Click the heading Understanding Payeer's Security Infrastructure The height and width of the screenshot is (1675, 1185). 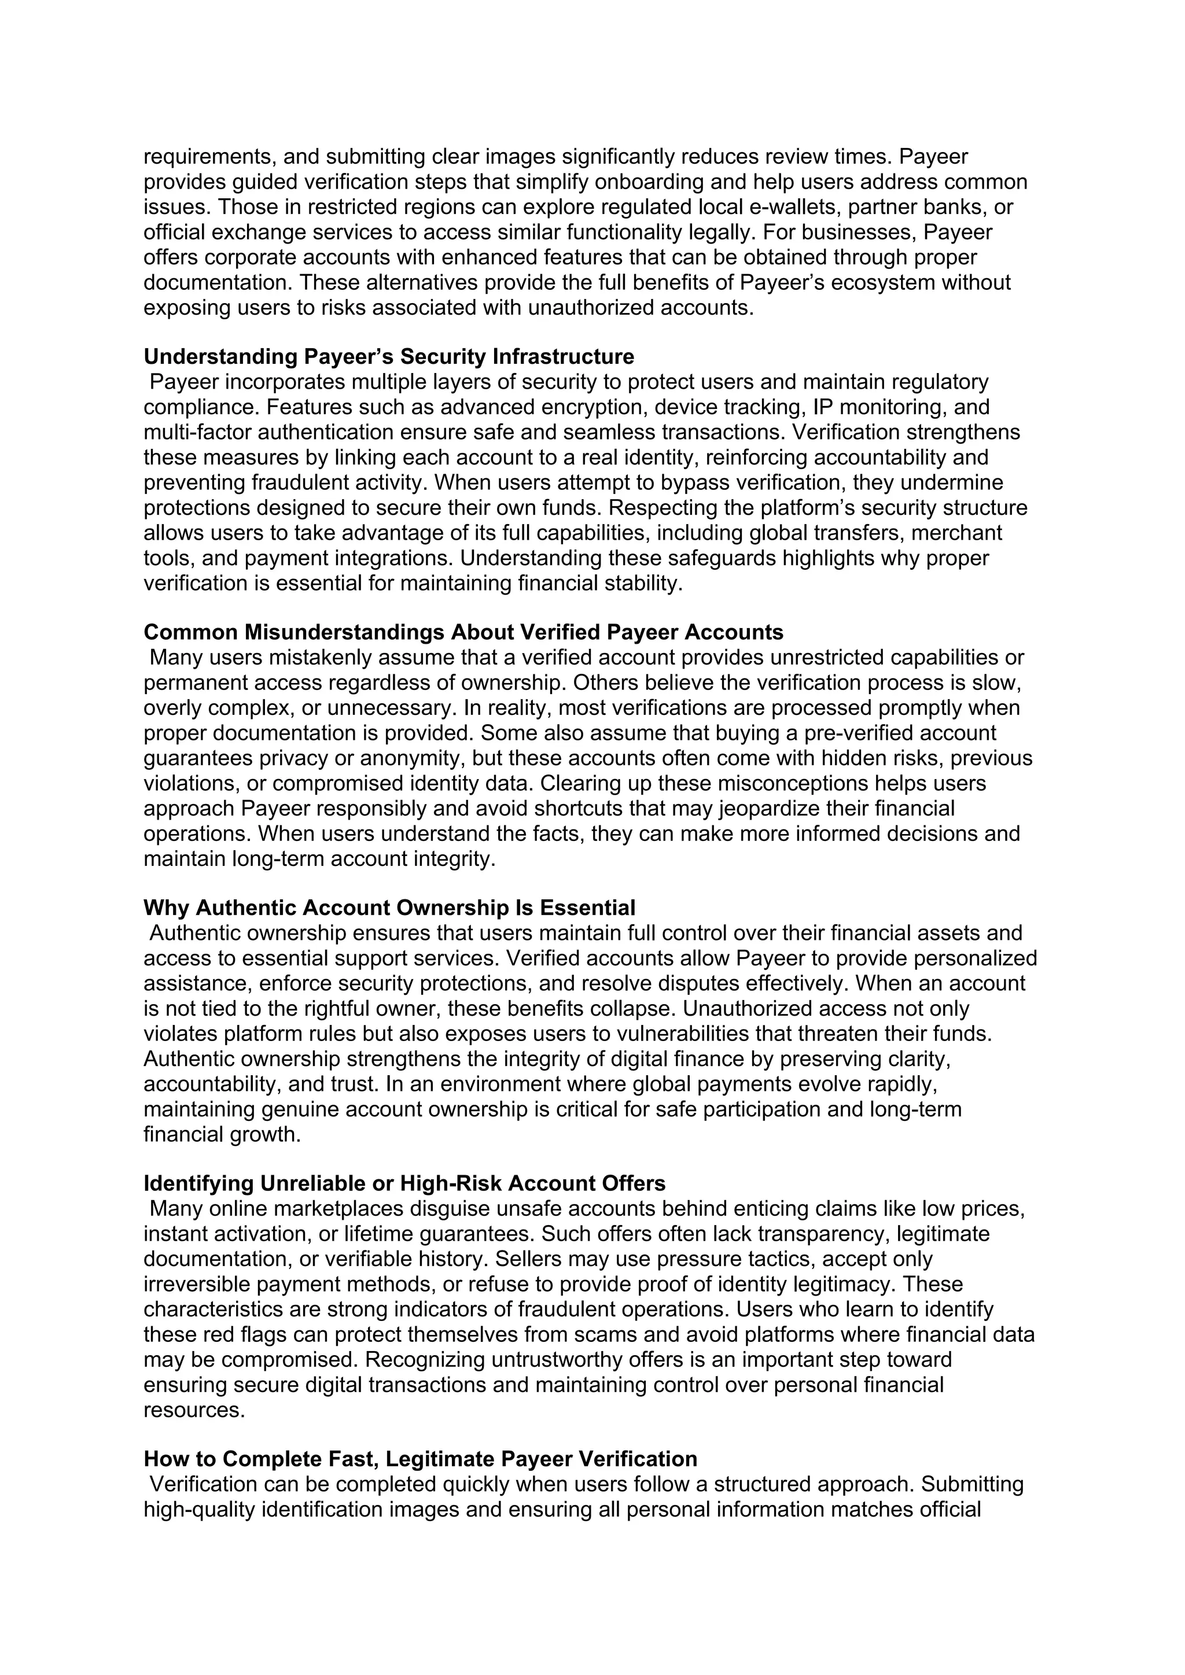[x=388, y=357]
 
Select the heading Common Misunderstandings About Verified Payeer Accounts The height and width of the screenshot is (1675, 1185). [x=463, y=632]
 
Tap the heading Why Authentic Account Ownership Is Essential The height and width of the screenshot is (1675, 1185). [x=389, y=907]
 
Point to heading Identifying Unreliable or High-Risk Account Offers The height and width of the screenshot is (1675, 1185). [x=404, y=1183]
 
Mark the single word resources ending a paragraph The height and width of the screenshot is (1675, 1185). [x=194, y=1410]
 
